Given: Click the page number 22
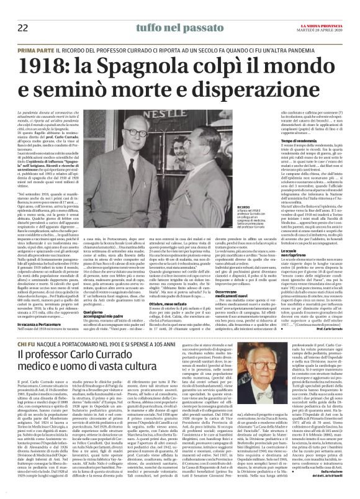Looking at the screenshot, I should [22, 28].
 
